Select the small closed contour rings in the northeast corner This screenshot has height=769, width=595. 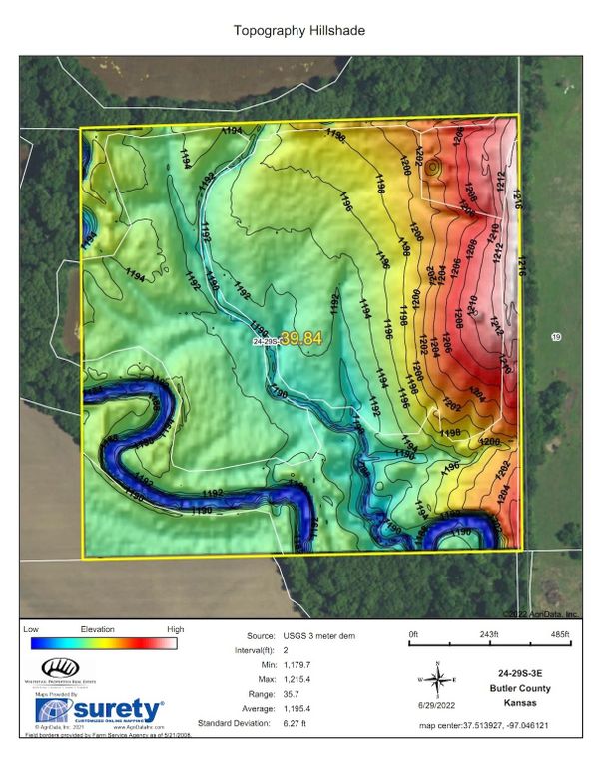431,168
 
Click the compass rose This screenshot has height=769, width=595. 437,680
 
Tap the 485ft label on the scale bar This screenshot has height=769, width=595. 559,634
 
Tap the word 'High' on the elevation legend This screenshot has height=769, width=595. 175,629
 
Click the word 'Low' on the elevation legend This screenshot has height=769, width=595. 30,629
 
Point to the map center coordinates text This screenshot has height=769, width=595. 499,725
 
